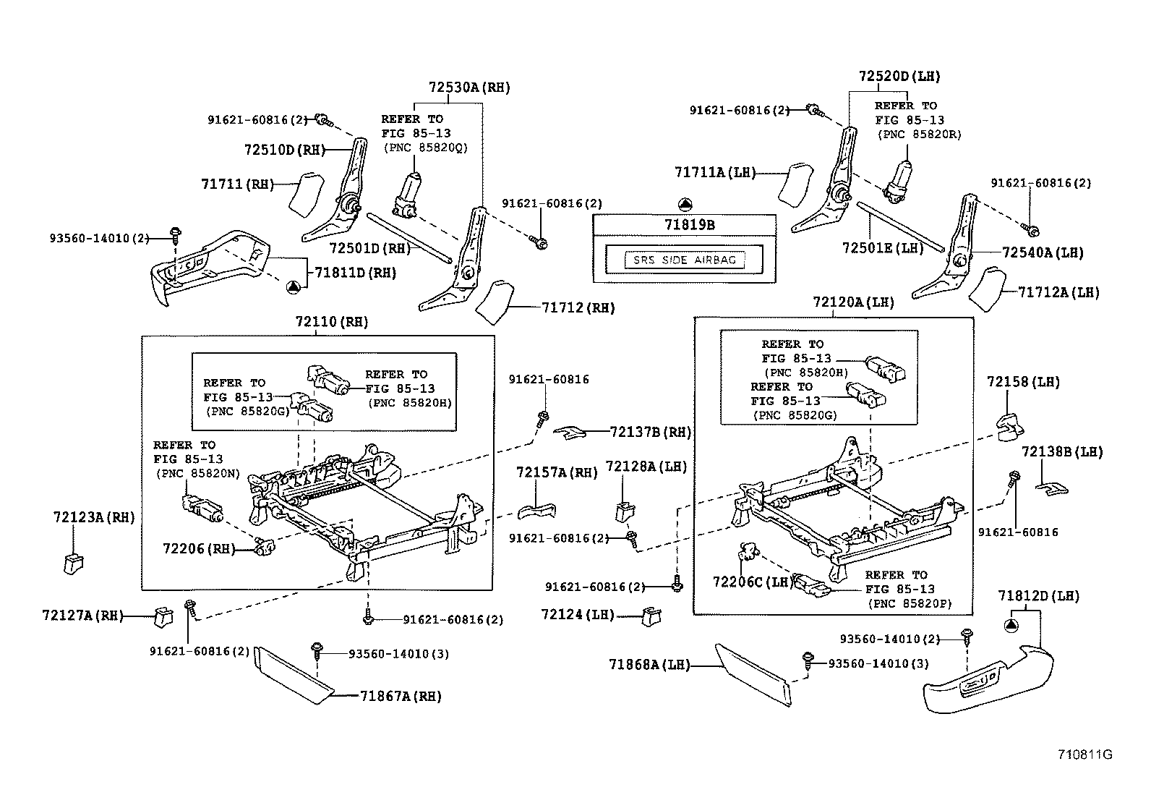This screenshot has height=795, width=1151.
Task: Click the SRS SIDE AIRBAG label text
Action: point(683,260)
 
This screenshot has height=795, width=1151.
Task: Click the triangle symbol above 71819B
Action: point(685,205)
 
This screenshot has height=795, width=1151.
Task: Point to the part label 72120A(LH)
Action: point(853,302)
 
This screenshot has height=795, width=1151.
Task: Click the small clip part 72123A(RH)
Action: point(72,562)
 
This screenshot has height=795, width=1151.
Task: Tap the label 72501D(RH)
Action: point(369,248)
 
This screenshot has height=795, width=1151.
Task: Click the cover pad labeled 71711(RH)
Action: point(304,192)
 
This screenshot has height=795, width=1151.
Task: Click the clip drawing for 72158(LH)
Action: point(1009,427)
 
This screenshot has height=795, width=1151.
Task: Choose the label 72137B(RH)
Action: point(650,433)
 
